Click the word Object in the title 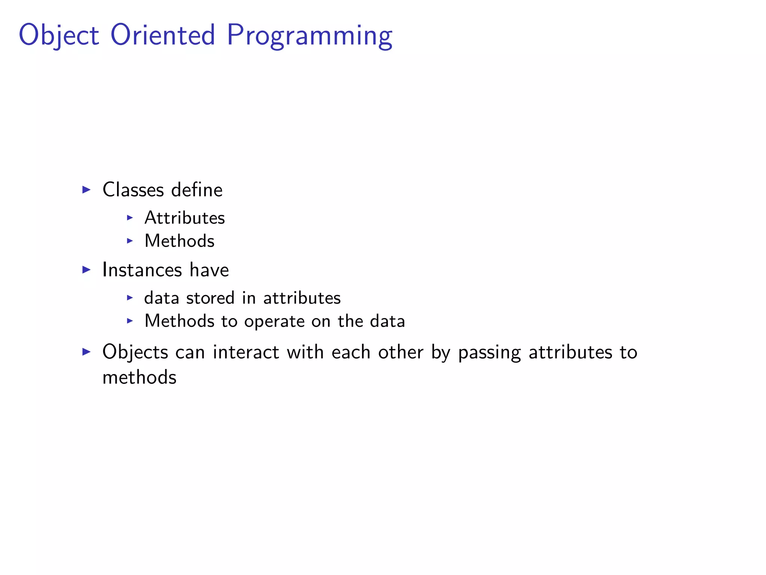coord(59,35)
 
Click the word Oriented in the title coord(163,35)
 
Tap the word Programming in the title coord(310,35)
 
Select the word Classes coord(133,190)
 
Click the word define coord(197,190)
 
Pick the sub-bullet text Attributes coord(185,218)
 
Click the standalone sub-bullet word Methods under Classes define coord(180,241)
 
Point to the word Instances coord(142,270)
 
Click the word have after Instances coord(209,270)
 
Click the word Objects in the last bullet coord(135,352)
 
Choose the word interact coord(246,352)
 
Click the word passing coord(489,352)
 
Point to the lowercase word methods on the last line coord(140,377)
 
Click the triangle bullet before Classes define coord(86,190)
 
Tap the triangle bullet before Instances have coord(86,270)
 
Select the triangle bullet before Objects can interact coord(86,352)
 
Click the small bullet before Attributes coord(130,217)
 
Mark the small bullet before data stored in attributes coord(130,298)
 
